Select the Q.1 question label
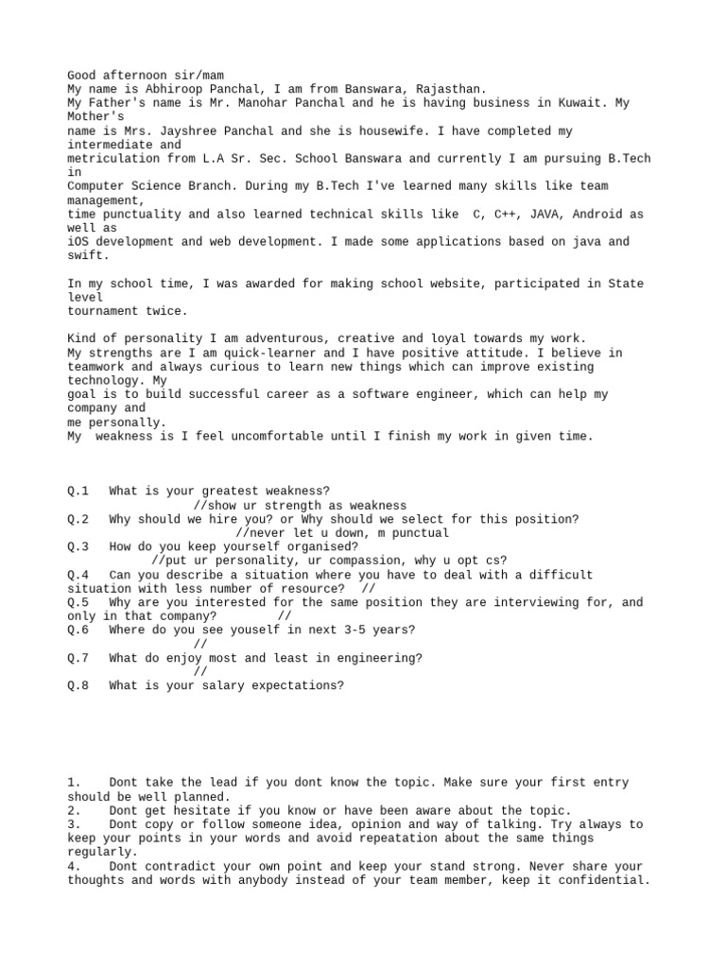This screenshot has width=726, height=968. (78, 492)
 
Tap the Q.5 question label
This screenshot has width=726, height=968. (78, 602)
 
